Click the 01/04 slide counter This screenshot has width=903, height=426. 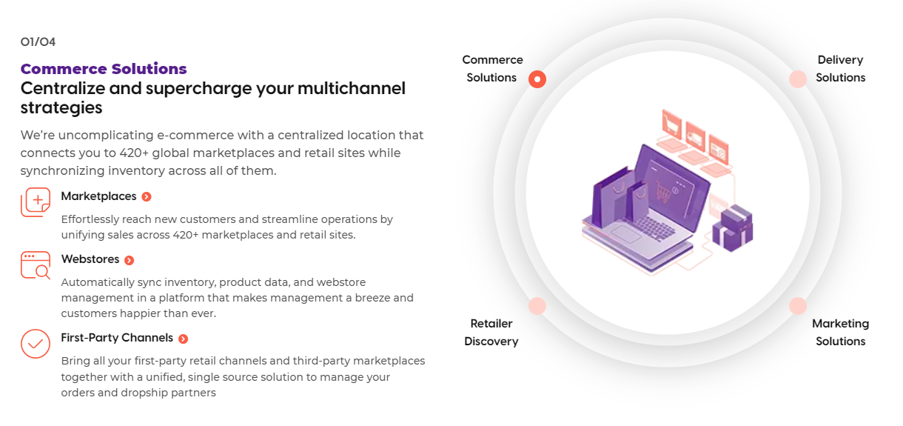[38, 42]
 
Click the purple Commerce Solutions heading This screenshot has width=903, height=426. [104, 69]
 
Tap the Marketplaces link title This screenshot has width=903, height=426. [98, 196]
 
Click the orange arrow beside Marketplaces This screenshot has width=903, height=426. [147, 197]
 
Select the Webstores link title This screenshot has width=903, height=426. [90, 259]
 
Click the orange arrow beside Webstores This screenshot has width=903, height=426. [129, 260]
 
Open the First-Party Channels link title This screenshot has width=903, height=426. [117, 338]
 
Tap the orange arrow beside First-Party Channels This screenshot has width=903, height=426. [183, 339]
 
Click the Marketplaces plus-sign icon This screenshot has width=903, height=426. [36, 202]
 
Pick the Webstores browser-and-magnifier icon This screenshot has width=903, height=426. [36, 265]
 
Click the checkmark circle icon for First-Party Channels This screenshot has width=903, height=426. [36, 344]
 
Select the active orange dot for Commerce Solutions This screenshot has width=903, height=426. [537, 79]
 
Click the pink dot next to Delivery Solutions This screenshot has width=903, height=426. [798, 79]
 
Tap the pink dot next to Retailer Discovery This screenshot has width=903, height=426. [537, 306]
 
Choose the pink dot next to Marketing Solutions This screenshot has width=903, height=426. [798, 306]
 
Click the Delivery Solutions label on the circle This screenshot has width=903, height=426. [841, 69]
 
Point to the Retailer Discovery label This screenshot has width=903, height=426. [491, 333]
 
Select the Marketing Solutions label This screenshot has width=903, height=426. [841, 333]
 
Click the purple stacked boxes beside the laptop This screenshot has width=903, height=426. [733, 228]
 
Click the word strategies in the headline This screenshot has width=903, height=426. [61, 108]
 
